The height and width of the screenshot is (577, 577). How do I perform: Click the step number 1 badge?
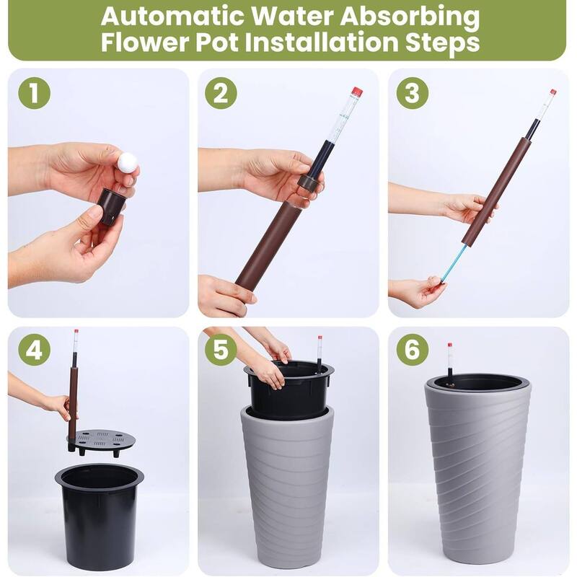34,95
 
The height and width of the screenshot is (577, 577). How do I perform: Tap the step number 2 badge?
221,95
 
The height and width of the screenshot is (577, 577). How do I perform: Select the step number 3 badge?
412,95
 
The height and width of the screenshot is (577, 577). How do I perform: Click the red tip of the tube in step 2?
356,92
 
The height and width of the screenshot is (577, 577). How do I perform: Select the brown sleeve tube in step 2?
268,245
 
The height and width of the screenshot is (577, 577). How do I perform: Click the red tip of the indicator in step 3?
553,92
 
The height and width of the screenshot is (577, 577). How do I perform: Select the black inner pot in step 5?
288,393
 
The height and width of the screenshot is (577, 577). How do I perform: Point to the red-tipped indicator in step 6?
449,361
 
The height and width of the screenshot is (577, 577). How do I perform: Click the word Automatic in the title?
180,16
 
